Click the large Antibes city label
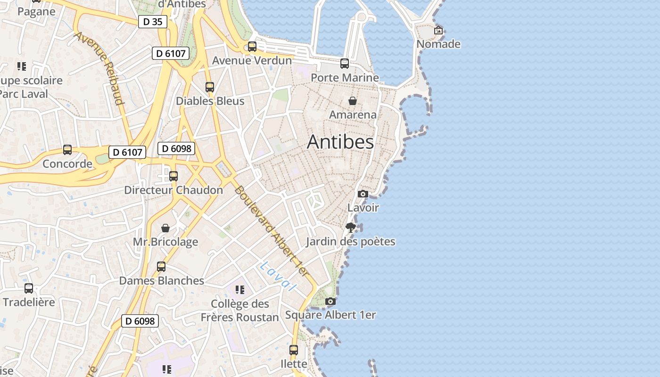[340, 142]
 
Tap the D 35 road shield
[153, 22]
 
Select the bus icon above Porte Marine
[345, 63]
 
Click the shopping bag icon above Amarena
[352, 101]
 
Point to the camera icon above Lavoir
[363, 194]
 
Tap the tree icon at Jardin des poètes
[350, 228]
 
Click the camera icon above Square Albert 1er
[330, 302]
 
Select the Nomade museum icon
[438, 30]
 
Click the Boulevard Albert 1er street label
[271, 231]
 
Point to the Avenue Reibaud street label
[99, 68]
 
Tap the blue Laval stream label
[278, 276]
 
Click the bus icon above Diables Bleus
[210, 87]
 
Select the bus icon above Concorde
[67, 150]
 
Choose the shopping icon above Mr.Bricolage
[165, 228]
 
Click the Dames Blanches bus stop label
[161, 281]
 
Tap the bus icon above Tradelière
[29, 288]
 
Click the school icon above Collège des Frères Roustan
[240, 289]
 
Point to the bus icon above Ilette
[294, 350]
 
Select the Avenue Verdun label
[252, 60]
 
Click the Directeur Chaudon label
[173, 190]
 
